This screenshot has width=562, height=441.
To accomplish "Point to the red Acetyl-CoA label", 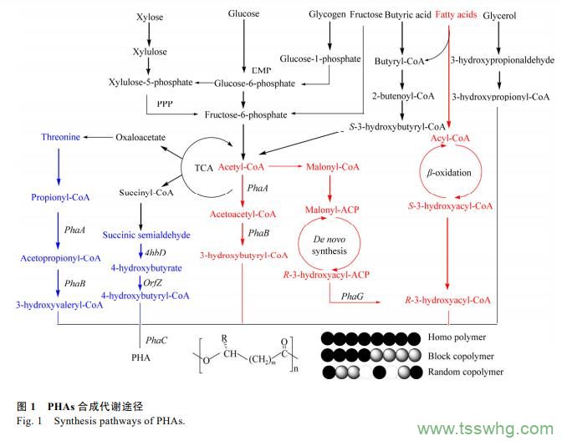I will tap(242, 168).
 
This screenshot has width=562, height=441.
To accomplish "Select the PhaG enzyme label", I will tap(351, 296).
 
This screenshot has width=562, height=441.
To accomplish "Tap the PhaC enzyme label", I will tap(156, 341).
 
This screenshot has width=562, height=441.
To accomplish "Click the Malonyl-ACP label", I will tap(332, 209).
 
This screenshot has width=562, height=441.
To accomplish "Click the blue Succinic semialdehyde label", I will tap(156, 236).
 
